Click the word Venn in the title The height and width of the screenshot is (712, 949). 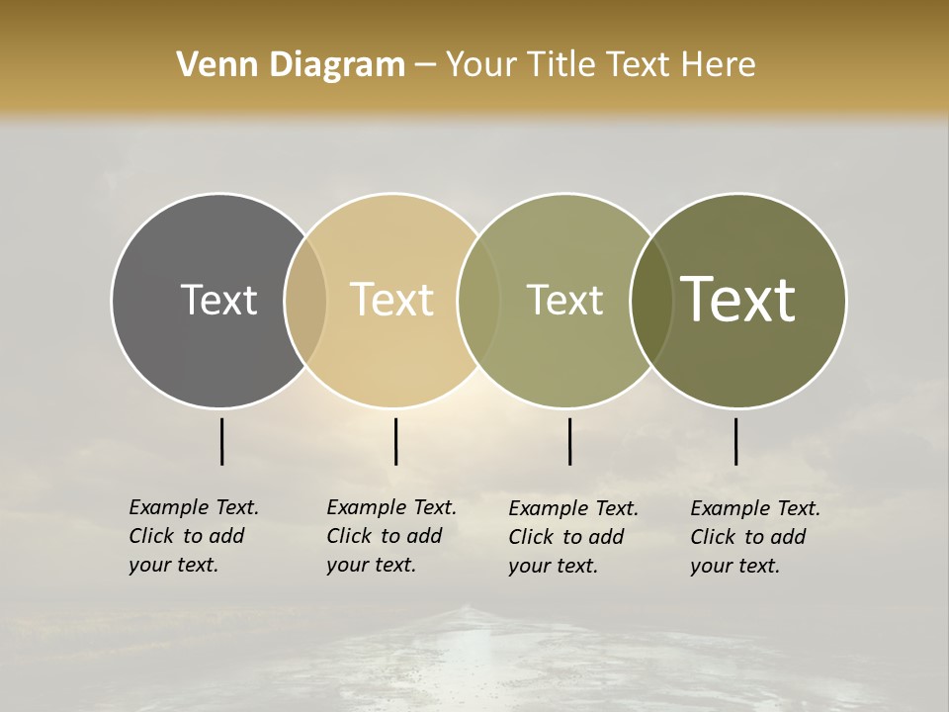pyautogui.click(x=211, y=65)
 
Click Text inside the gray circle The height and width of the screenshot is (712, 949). pyautogui.click(x=218, y=300)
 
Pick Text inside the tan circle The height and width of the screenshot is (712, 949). pyautogui.click(x=392, y=300)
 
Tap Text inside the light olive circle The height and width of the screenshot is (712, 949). pyautogui.click(x=564, y=300)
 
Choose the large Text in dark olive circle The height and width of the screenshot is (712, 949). pyautogui.click(x=738, y=299)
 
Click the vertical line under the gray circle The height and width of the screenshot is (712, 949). pyautogui.click(x=221, y=441)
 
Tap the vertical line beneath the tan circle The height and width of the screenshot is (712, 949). pyautogui.click(x=395, y=441)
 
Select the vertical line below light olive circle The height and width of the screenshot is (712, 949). pyautogui.click(x=569, y=441)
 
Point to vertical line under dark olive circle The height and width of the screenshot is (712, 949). pyautogui.click(x=735, y=441)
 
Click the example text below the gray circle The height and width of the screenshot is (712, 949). pyautogui.click(x=193, y=536)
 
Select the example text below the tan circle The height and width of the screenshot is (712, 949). pyautogui.click(x=390, y=536)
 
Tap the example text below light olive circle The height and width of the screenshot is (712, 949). pyautogui.click(x=572, y=537)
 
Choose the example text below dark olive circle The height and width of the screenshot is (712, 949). pyautogui.click(x=754, y=537)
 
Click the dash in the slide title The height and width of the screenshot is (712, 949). pyautogui.click(x=425, y=66)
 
